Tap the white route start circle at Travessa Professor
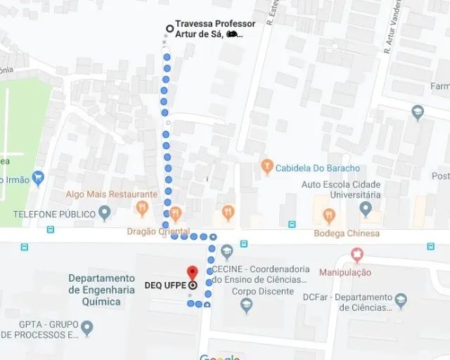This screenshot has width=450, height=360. tap(169, 29)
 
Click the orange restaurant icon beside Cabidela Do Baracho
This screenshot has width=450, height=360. tap(266, 167)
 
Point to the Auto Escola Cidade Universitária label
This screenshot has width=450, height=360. tap(341, 189)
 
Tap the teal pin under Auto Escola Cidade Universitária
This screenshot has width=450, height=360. tap(365, 208)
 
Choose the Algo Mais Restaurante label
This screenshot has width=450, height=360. tap(112, 194)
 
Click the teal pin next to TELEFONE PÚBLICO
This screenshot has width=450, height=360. tap(105, 212)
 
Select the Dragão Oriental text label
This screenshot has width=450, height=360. tap(158, 231)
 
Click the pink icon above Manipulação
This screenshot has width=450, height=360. tap(357, 255)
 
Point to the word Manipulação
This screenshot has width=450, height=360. tap(345, 272)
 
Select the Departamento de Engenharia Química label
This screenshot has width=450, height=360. tap(101, 290)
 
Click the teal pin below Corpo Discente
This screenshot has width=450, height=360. tap(246, 305)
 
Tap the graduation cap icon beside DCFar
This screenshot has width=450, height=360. tap(401, 301)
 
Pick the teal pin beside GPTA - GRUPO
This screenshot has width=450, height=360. tap(86, 327)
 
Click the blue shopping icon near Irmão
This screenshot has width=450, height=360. tap(38, 179)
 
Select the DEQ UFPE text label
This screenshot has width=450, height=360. tap(164, 285)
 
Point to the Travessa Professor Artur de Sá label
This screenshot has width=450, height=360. tap(214, 29)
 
